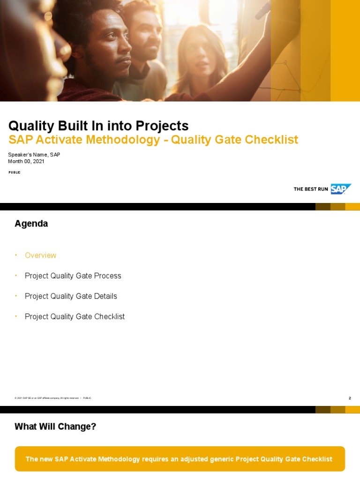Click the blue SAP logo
tap(340, 189)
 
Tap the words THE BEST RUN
tap(311, 189)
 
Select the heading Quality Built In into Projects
tap(98, 126)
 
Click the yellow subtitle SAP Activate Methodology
tap(84, 140)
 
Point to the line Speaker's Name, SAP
tap(34, 155)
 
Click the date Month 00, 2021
tap(26, 161)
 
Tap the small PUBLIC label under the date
tap(15, 172)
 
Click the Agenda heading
tap(31, 224)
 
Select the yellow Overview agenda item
tap(40, 255)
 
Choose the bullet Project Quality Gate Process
tap(73, 276)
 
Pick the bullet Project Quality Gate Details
tap(71, 296)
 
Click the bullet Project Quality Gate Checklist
tap(75, 317)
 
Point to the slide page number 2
tap(350, 398)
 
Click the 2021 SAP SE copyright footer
tap(47, 398)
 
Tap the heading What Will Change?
tap(55, 427)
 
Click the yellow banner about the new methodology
tap(180, 459)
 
